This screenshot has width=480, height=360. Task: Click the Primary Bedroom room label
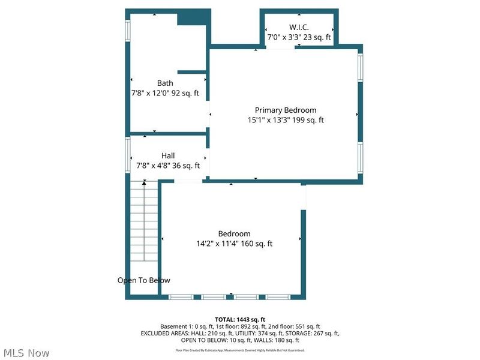286,110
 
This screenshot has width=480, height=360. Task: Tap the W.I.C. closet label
298,27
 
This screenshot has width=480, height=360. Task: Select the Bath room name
165,83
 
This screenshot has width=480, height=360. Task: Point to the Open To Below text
143,280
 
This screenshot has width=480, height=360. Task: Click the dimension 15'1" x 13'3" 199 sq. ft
286,120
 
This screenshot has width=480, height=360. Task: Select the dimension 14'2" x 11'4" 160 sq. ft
234,244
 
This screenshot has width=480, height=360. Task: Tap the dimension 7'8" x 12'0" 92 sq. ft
165,94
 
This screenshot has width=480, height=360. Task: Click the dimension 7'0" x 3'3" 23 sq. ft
298,37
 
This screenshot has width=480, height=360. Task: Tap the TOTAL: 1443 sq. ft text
240,319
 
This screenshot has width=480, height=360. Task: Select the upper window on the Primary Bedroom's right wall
360,67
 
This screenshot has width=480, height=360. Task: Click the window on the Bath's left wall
127,31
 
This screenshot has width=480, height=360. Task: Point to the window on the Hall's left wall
127,155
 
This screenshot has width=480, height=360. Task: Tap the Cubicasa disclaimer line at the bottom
240,350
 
